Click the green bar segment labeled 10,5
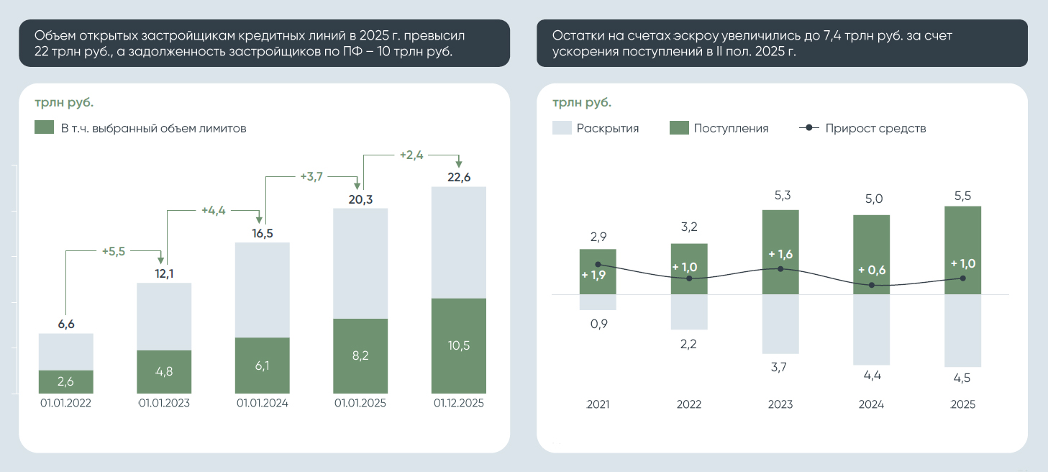click(458, 345)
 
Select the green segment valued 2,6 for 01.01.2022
click(65, 381)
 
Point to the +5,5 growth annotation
click(114, 251)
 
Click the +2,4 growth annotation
click(411, 154)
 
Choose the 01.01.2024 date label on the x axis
click(263, 403)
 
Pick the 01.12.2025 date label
click(458, 403)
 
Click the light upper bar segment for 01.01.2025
click(360, 263)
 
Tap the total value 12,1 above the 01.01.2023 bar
click(164, 273)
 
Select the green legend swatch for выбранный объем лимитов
click(45, 128)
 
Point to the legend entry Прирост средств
click(862, 128)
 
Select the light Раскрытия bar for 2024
click(871, 330)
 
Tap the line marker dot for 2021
click(598, 265)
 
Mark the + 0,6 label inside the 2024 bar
click(872, 271)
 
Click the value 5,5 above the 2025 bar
click(962, 195)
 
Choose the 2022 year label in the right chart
click(688, 404)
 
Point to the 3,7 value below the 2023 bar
click(780, 367)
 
